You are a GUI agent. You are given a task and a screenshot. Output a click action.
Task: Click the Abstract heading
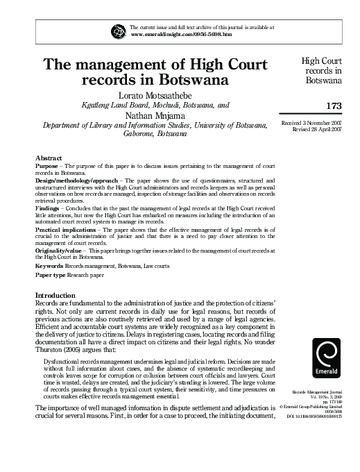[49, 159]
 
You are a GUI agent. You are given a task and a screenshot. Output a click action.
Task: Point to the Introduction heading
[55, 296]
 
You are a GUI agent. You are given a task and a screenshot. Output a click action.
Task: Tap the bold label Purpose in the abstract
[46, 167]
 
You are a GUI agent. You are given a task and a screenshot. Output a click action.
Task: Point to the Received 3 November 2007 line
[311, 123]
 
